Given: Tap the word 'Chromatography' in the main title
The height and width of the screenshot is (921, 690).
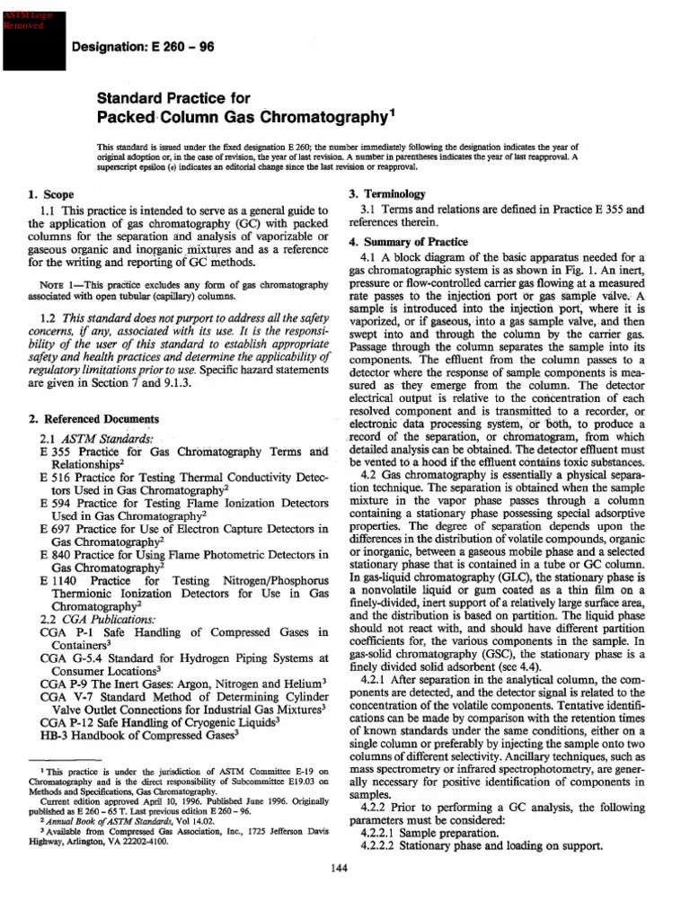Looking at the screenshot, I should (320, 118).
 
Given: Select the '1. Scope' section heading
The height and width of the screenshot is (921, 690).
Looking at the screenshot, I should (52, 193).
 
